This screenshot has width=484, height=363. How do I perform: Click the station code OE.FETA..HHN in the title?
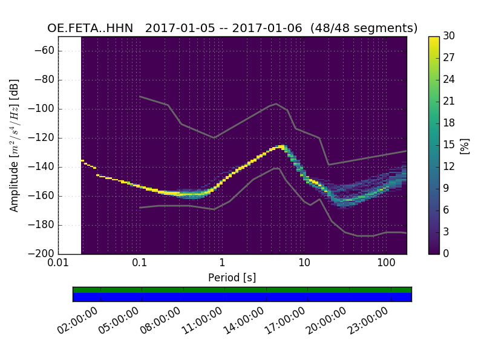90,28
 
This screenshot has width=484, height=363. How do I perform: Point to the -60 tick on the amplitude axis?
45,51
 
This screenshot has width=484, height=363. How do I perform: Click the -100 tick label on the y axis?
42,109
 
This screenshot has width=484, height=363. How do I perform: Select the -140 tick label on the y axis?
42,167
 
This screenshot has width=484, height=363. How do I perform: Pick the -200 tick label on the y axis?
42,253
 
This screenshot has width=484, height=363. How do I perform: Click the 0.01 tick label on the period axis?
58,263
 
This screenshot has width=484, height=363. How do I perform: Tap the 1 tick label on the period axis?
222,263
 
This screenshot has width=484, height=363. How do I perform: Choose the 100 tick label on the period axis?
386,263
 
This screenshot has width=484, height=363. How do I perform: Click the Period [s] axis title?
232,277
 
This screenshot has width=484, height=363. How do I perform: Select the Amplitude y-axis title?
14,145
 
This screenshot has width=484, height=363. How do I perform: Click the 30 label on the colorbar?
449,36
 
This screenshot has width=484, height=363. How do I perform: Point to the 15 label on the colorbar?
449,145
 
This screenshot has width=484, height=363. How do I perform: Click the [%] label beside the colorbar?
465,145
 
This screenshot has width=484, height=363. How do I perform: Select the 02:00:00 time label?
78,321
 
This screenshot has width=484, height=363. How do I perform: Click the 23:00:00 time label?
367,321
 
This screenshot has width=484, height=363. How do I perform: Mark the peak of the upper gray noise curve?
276,103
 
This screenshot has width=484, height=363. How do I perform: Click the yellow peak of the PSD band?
281,147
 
